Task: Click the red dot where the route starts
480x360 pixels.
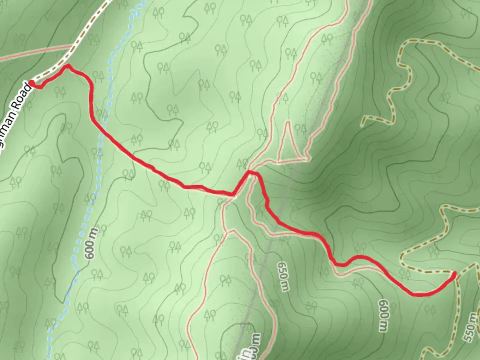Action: pos(32,83)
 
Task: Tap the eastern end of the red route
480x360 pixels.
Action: pos(454,274)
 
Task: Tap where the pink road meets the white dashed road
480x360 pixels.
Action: pos(71,47)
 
